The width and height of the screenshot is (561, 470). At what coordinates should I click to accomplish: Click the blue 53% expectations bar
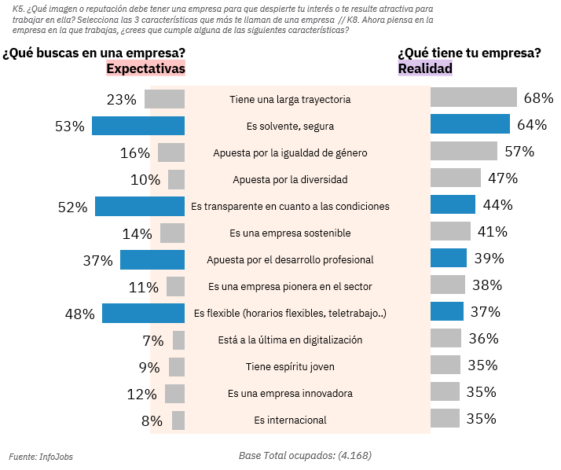pyautogui.click(x=138, y=126)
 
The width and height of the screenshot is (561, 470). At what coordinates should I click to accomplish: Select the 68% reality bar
pyautogui.click(x=473, y=97)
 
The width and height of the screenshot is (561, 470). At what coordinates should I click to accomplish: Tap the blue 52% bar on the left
pyautogui.click(x=140, y=207)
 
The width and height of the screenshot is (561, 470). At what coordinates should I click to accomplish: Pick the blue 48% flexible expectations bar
pyautogui.click(x=143, y=314)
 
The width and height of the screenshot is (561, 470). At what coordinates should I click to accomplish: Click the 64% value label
pyautogui.click(x=532, y=125)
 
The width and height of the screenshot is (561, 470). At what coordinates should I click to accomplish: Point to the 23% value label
pyautogui.click(x=122, y=100)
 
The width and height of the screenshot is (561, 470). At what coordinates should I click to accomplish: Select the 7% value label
pyautogui.click(x=152, y=340)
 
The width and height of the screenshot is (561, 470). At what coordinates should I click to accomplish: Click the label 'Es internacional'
pyautogui.click(x=290, y=420)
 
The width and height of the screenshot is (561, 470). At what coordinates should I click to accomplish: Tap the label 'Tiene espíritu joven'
pyautogui.click(x=290, y=367)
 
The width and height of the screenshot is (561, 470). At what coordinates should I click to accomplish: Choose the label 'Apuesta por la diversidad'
pyautogui.click(x=290, y=179)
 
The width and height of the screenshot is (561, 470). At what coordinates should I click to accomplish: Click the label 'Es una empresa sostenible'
pyautogui.click(x=290, y=233)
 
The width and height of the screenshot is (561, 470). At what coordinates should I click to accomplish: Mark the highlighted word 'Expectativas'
pyautogui.click(x=145, y=68)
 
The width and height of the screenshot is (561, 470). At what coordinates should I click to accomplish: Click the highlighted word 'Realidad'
pyautogui.click(x=425, y=68)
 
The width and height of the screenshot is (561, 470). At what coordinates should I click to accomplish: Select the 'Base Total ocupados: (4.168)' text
pyautogui.click(x=305, y=455)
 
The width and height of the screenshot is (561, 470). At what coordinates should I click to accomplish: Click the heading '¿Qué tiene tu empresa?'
pyautogui.click(x=469, y=53)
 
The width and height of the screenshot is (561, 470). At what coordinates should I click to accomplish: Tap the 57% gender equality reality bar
pyautogui.click(x=464, y=151)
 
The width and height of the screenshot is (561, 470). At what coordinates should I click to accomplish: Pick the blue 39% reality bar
pyautogui.click(x=449, y=259)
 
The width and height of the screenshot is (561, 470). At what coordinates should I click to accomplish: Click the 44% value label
pyautogui.click(x=497, y=205)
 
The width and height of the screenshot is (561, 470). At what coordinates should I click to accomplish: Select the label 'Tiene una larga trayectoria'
pyautogui.click(x=290, y=100)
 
